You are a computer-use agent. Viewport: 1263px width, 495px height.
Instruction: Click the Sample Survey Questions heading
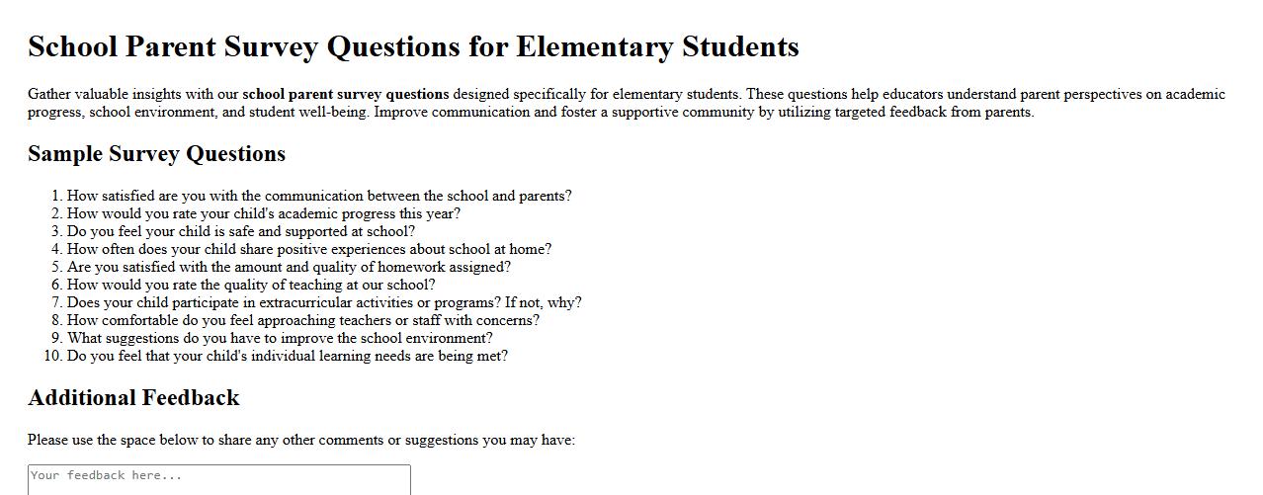click(156, 154)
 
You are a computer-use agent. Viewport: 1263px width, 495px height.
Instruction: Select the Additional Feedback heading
click(133, 398)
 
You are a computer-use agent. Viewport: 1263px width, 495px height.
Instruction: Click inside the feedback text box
click(218, 480)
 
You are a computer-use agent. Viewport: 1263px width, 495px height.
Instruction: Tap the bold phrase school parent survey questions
click(346, 95)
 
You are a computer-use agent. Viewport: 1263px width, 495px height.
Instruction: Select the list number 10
click(53, 356)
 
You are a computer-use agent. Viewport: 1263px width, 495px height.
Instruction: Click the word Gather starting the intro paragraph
click(49, 95)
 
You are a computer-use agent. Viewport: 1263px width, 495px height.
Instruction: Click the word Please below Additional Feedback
click(47, 441)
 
